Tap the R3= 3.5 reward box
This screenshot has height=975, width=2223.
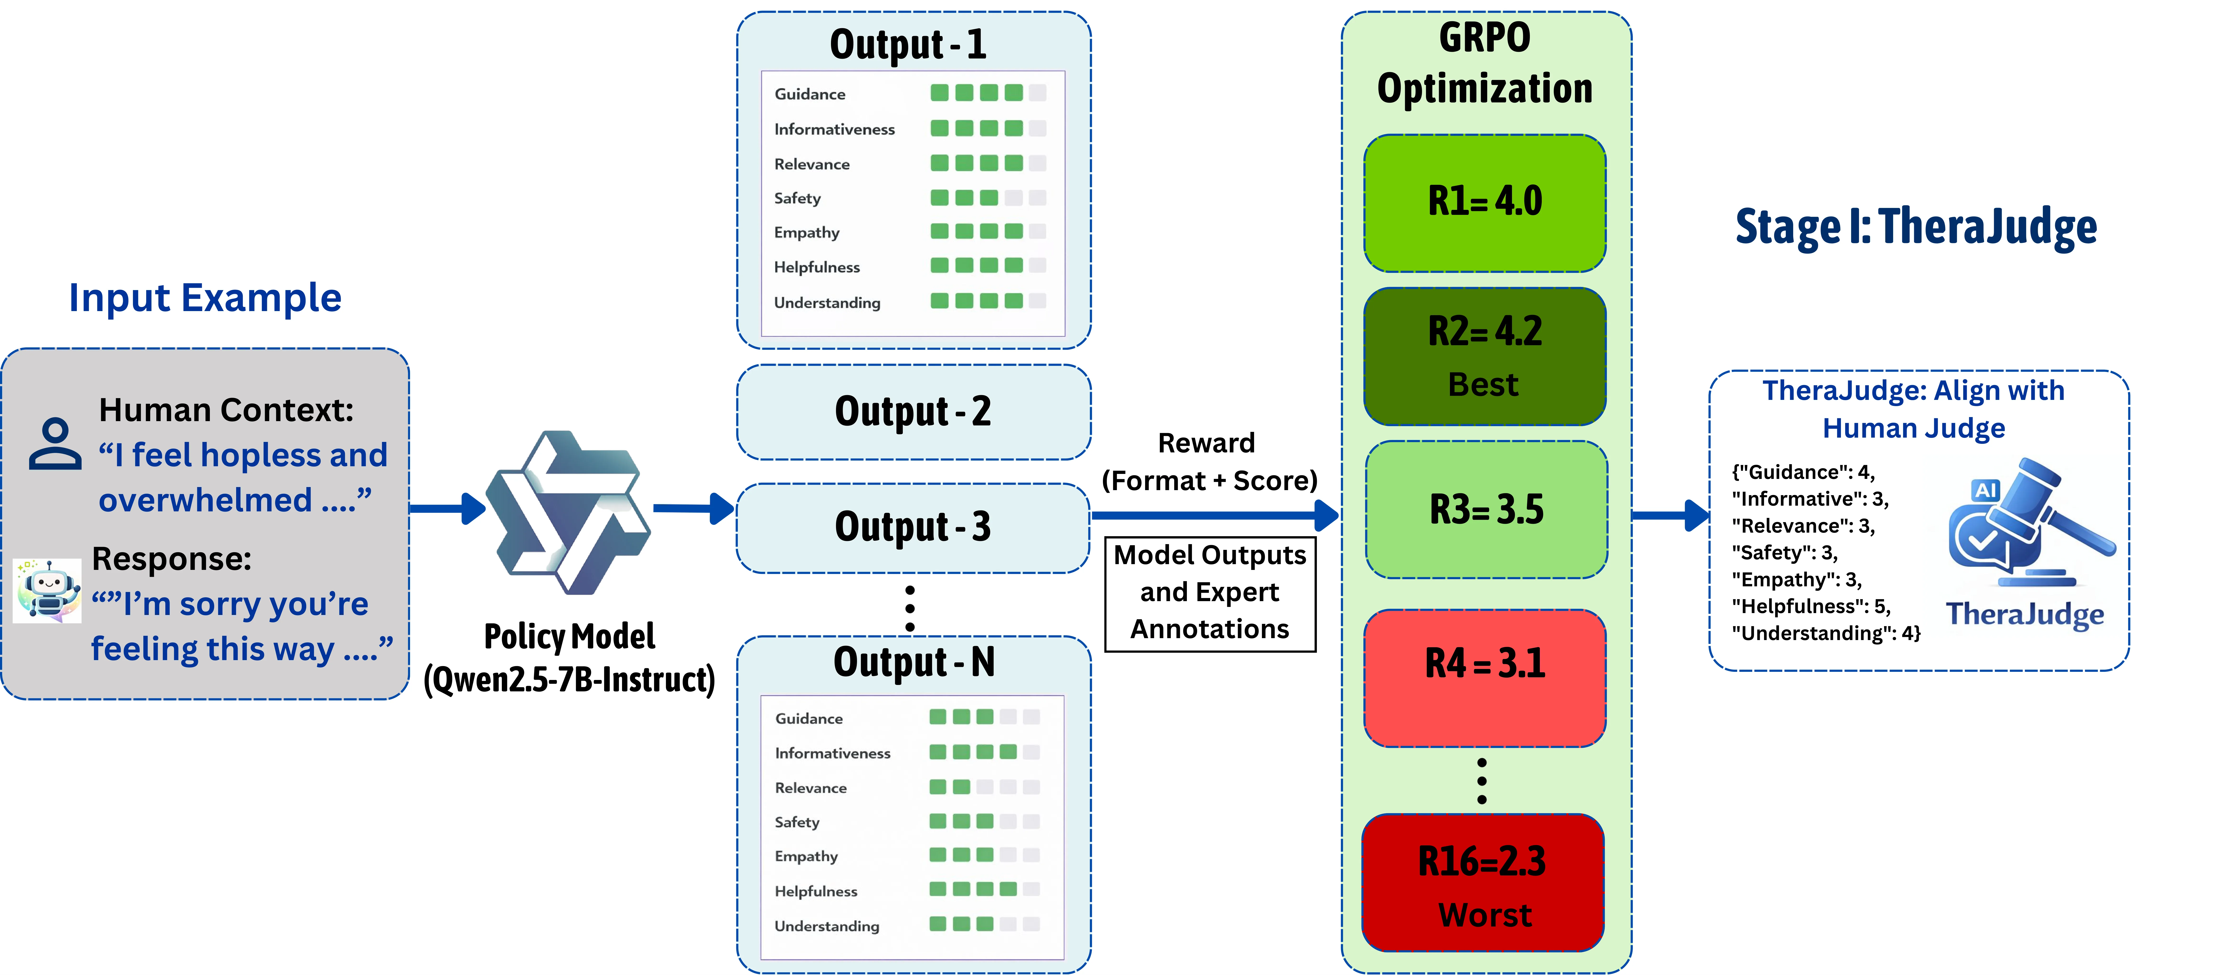[1486, 509]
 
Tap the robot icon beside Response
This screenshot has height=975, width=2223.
[47, 591]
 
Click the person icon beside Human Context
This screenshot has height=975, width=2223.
[55, 444]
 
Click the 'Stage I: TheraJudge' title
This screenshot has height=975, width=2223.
[1916, 227]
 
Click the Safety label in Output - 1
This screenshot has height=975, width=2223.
[797, 198]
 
